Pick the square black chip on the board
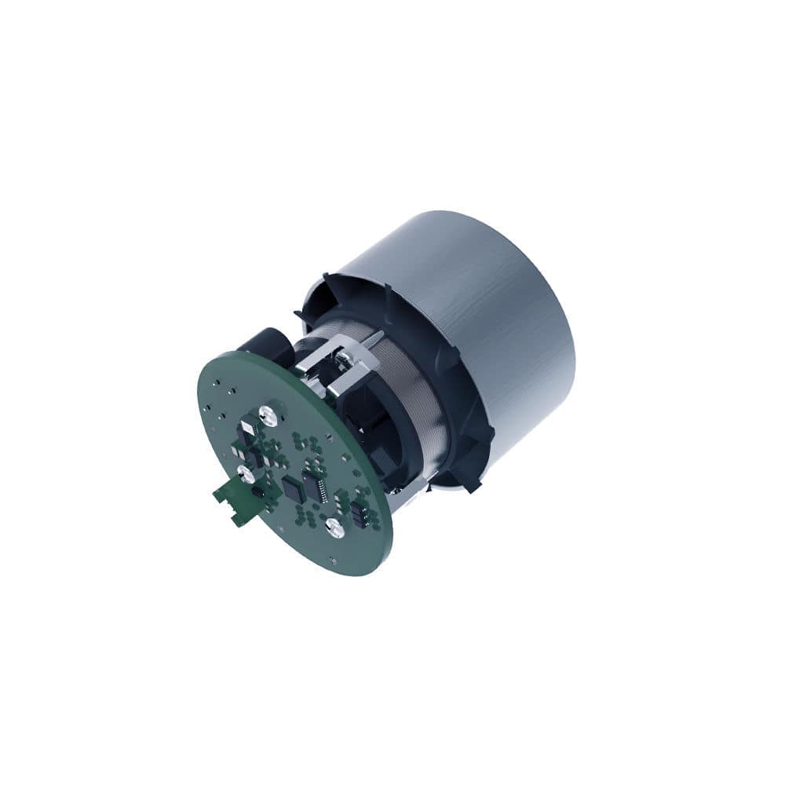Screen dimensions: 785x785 coord(294,489)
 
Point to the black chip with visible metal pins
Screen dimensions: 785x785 coord(316,484)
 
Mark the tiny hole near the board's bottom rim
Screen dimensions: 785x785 coord(334,560)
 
